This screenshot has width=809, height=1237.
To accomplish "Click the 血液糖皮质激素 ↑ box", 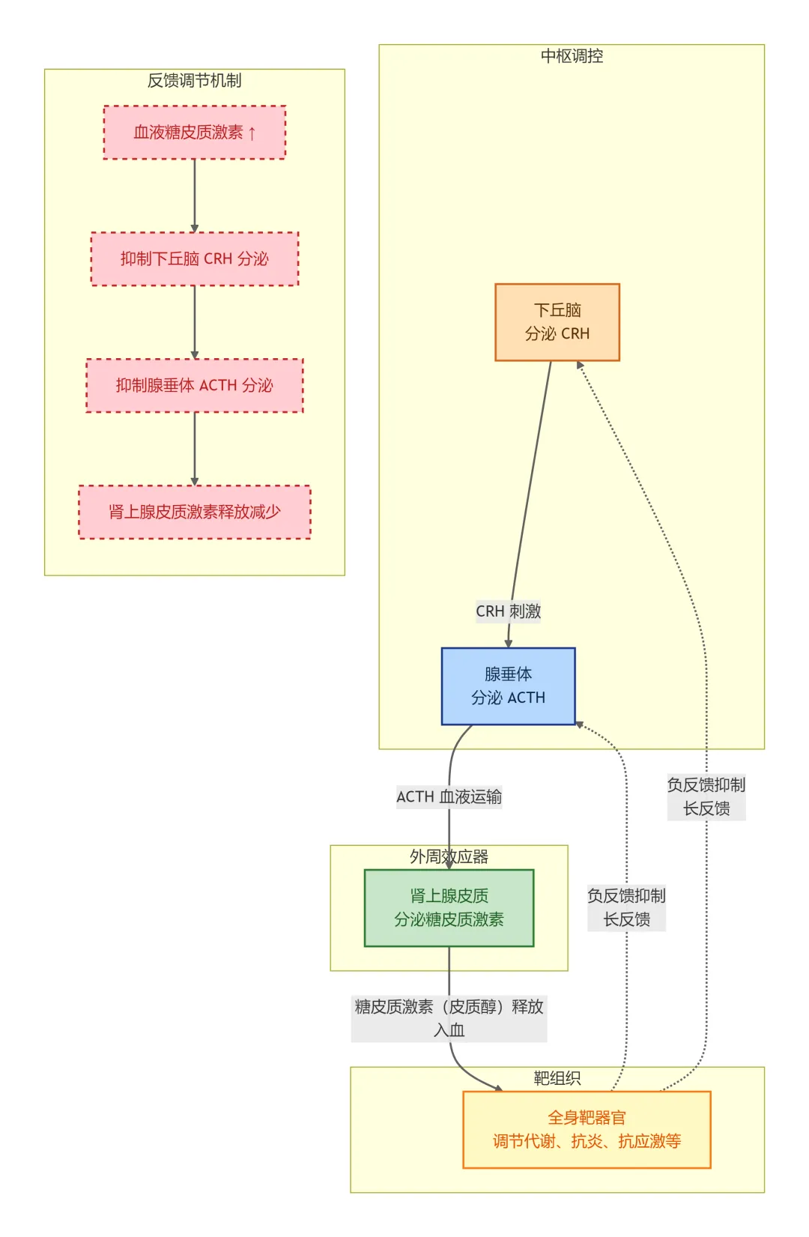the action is click(194, 133).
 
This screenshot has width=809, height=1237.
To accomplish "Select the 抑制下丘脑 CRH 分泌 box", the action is click(194, 259).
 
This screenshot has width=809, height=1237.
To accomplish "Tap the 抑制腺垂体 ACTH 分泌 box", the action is click(194, 385).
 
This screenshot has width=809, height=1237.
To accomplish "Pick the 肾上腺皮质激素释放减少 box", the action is click(194, 512).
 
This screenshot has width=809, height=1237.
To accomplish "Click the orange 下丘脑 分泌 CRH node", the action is click(557, 322).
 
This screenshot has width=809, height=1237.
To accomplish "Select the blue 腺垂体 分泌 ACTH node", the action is click(508, 686).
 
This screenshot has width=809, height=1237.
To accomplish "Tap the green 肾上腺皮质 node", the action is click(449, 908).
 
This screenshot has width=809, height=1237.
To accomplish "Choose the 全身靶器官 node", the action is click(587, 1130).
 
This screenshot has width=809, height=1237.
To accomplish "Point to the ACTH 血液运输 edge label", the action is click(449, 797).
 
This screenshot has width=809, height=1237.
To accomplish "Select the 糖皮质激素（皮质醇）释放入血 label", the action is click(449, 1019).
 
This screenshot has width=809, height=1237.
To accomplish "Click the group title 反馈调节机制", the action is click(194, 81).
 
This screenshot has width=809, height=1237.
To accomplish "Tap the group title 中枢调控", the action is click(572, 55).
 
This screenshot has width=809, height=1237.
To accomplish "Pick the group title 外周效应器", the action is click(449, 856).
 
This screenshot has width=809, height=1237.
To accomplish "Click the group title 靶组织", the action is click(557, 1078).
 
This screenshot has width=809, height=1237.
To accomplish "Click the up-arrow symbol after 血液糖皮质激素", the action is click(252, 133).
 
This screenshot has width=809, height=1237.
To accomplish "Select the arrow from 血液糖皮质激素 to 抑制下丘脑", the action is click(194, 196).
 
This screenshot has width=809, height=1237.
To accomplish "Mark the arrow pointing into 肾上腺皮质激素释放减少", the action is click(194, 449).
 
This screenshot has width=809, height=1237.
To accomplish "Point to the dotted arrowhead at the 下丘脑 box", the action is click(580, 365).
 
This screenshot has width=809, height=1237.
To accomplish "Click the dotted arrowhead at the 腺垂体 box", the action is click(579, 724).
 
